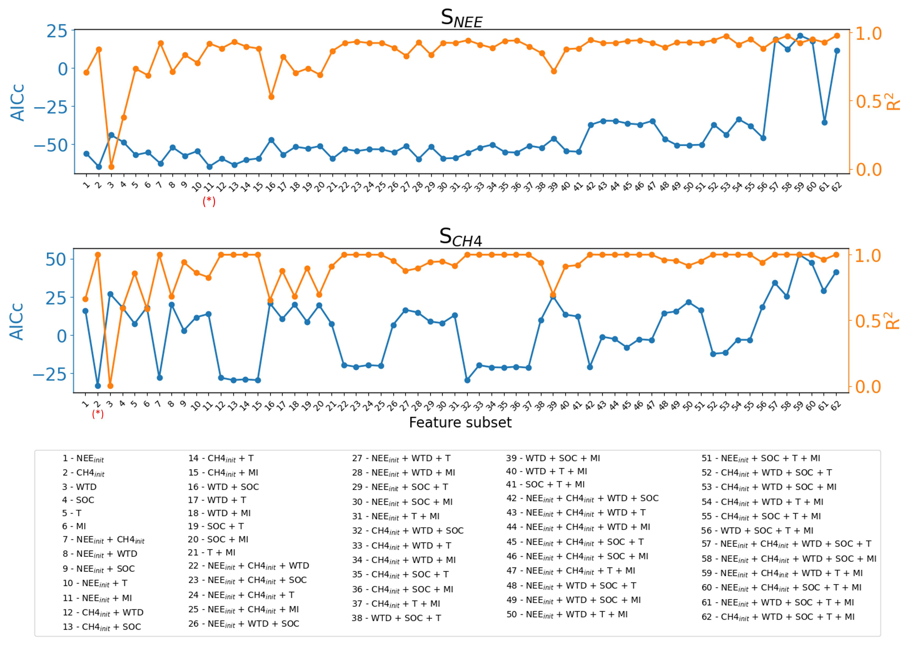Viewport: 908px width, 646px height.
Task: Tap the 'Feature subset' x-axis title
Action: click(x=460, y=422)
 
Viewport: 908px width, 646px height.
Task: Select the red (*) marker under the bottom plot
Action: click(x=98, y=414)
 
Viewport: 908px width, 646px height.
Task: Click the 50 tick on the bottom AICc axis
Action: click(x=56, y=260)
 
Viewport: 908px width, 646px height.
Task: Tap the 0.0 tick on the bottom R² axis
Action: click(x=868, y=387)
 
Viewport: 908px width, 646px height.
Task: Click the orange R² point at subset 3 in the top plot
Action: click(x=111, y=167)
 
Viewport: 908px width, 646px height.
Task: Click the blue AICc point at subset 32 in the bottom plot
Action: click(x=467, y=380)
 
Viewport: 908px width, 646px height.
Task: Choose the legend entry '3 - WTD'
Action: click(x=79, y=487)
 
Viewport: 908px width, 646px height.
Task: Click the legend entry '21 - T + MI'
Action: click(x=211, y=553)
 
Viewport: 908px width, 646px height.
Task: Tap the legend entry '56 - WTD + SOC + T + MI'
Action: click(x=757, y=531)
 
